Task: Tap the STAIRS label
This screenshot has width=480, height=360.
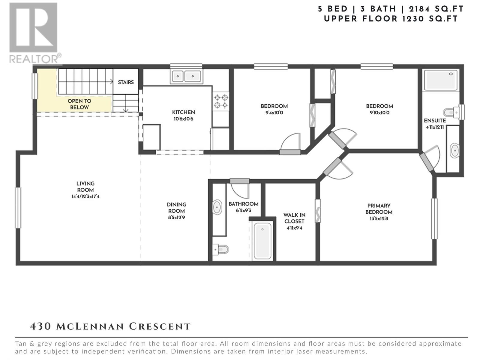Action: click(126, 82)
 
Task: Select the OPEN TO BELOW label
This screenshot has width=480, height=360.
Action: click(79, 104)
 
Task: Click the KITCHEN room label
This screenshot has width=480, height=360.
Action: click(184, 112)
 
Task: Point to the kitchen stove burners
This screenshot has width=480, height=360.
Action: click(221, 101)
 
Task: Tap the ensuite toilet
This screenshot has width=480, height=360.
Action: click(451, 112)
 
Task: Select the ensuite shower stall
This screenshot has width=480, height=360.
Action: click(441, 80)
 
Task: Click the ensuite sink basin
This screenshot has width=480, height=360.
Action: click(454, 150)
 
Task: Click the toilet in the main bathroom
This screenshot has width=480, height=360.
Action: click(220, 249)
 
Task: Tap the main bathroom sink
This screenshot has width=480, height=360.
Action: click(217, 207)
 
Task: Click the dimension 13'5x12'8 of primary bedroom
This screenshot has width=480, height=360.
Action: click(379, 218)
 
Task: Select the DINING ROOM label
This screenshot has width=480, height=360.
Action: click(176, 208)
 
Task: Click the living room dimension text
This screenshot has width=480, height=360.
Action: click(85, 196)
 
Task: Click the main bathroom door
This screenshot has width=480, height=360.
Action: click(240, 181)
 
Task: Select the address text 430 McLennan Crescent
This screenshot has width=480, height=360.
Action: click(110, 326)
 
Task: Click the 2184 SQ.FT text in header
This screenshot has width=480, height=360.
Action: click(436, 9)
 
